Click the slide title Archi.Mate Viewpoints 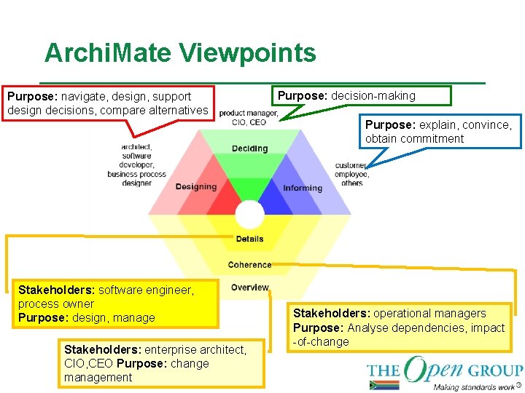point(180,53)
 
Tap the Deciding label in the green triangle point(249,148)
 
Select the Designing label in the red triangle point(195,186)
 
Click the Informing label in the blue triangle point(303,188)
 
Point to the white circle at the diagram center point(249,215)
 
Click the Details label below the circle point(249,239)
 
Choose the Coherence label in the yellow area point(249,265)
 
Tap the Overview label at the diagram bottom point(249,287)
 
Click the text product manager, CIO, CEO point(249,118)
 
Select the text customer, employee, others point(352,174)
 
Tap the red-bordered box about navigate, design point(109,103)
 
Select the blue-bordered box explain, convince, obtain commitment point(440,132)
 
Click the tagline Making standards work point(473,386)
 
